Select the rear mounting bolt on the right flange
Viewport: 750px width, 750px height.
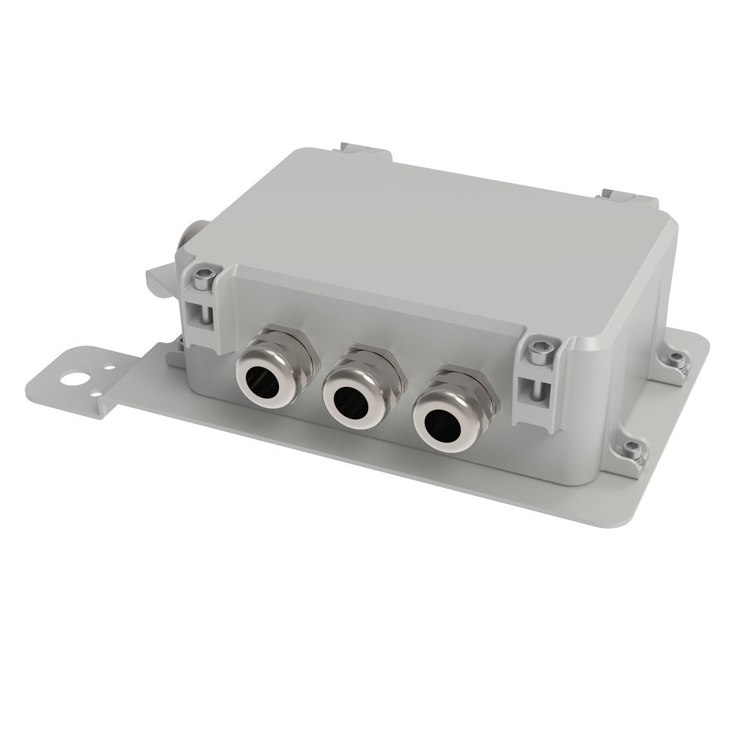[677, 361]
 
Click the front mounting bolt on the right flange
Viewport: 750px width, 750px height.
[632, 451]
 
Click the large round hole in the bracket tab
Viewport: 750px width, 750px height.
[74, 378]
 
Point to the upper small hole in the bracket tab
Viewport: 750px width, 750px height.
[109, 369]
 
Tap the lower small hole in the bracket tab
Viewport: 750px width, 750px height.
[95, 394]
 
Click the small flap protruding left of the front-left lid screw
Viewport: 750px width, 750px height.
[160, 280]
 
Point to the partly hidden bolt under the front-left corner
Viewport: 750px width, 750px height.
[179, 346]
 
